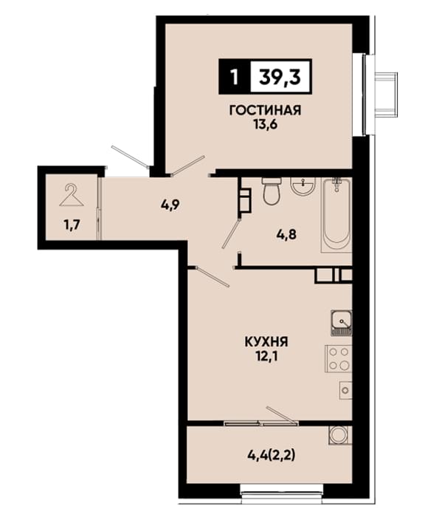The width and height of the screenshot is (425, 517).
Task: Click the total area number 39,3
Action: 280,78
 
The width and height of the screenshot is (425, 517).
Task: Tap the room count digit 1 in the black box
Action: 234,78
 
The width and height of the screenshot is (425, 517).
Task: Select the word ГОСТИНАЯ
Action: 265,111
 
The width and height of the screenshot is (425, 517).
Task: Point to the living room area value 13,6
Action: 265,125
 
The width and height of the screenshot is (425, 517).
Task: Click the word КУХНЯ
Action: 266,342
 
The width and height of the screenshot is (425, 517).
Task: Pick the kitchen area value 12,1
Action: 266,357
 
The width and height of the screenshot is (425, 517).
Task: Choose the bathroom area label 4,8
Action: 286,235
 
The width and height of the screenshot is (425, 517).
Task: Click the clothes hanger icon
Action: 71,195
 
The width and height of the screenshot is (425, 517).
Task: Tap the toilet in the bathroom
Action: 272,191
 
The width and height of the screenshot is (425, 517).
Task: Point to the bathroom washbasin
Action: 303,185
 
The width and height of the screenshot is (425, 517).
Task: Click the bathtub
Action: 336,215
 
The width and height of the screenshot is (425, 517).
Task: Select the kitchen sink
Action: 342,323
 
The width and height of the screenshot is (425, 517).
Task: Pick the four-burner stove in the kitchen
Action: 339,359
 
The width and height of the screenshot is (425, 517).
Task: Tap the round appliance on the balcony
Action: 339,435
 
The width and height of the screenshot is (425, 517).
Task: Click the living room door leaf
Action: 188,165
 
